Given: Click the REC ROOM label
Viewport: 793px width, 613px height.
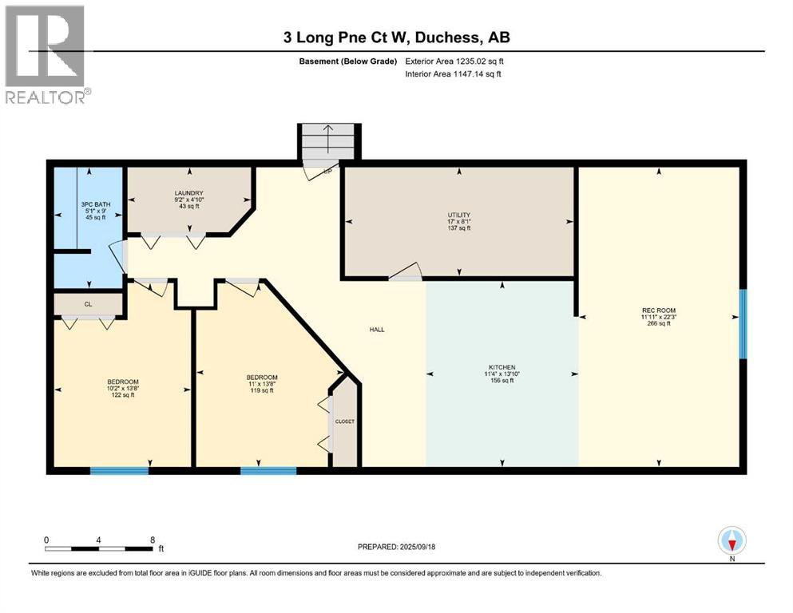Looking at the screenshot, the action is click(x=659, y=310).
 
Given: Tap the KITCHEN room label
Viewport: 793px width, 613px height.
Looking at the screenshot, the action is click(x=502, y=367).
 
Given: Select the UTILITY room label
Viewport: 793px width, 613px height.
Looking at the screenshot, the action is click(x=458, y=215).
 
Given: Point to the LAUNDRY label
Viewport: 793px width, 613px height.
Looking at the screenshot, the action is click(x=188, y=193).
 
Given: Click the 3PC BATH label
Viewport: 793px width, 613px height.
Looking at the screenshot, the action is click(x=96, y=204).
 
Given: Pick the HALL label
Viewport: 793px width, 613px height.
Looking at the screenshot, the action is click(x=377, y=330).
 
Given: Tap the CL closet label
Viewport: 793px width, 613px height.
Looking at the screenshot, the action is click(x=88, y=304).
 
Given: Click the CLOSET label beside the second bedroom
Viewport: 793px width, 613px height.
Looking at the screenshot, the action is click(x=345, y=421).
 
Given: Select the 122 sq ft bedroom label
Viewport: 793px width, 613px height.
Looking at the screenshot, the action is click(x=123, y=382).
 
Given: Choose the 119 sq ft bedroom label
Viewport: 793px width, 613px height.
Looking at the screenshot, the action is click(x=262, y=377).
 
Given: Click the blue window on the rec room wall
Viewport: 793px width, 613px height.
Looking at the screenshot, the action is click(x=743, y=324).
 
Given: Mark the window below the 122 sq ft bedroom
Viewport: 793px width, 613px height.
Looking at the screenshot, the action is click(x=119, y=470).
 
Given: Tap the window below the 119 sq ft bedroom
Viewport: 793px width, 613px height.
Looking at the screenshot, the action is click(x=268, y=470).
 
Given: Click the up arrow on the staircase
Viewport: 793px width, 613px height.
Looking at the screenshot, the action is click(x=328, y=138).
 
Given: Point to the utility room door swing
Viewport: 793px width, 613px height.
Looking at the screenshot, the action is click(x=406, y=272).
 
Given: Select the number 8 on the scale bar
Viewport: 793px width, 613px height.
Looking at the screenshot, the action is click(x=153, y=540).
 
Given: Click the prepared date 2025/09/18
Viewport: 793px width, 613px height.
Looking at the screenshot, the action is click(x=417, y=547).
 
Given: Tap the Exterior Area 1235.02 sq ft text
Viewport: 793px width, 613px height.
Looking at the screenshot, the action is click(x=454, y=61).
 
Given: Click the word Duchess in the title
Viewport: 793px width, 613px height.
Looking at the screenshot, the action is click(x=448, y=38).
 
